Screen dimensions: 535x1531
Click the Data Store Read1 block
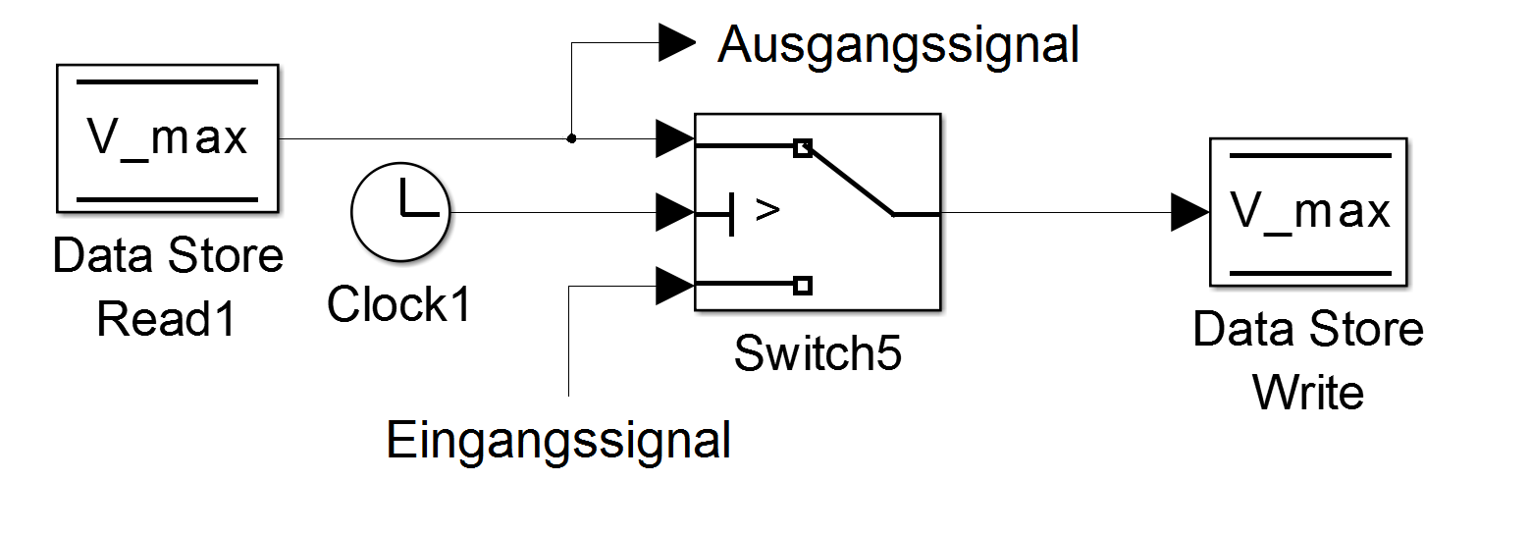click(168, 138)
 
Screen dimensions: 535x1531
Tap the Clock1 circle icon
click(399, 212)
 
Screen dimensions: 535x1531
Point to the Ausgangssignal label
click(898, 44)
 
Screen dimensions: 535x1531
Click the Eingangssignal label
click(559, 440)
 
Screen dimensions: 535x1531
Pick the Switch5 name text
click(818, 353)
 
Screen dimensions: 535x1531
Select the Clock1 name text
click(399, 303)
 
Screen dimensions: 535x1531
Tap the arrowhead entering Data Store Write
click(1188, 212)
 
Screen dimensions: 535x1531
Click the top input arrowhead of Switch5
click(674, 138)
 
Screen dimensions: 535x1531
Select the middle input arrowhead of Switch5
click(674, 212)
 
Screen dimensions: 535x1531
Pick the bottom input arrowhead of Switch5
click(674, 286)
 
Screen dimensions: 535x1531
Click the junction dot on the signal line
click(571, 138)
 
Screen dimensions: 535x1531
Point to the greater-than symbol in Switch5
click(767, 210)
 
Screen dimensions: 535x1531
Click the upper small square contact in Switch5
click(803, 148)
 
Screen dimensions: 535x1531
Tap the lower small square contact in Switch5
click(803, 286)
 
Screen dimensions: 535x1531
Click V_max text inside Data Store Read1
click(168, 138)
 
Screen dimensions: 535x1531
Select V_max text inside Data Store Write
click(1309, 210)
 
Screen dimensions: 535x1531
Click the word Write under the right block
click(1308, 393)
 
